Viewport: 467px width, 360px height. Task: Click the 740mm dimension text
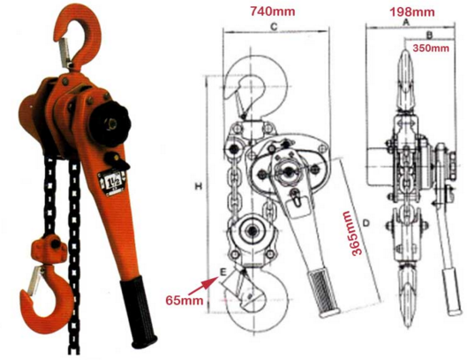pyautogui.click(x=273, y=11)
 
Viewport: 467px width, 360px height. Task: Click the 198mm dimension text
pyautogui.click(x=412, y=11)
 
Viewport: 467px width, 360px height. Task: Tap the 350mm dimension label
pyautogui.click(x=431, y=48)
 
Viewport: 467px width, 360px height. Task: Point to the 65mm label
pyautogui.click(x=185, y=300)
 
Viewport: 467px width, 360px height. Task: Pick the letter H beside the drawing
pyautogui.click(x=199, y=187)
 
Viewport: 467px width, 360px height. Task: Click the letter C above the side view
pyautogui.click(x=274, y=26)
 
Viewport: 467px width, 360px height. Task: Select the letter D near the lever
pyautogui.click(x=365, y=222)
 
